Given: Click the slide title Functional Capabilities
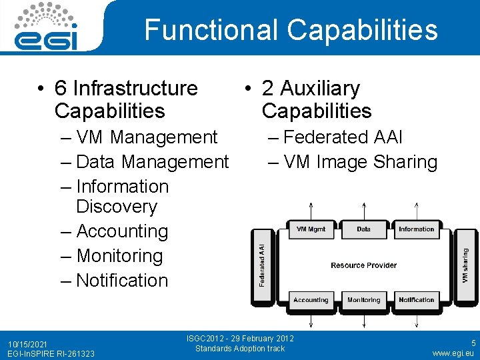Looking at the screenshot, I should coord(291,30).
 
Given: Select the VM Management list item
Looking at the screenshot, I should coord(147,137).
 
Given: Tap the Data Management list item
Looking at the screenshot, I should coord(153,162).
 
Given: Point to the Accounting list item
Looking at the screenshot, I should coord(122,231).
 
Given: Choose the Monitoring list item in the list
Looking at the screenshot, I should coord(119,256).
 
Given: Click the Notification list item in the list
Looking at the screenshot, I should coord(122,281).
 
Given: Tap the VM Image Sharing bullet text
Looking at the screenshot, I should coord(360,162).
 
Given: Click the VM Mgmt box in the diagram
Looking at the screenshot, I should coord(311,229).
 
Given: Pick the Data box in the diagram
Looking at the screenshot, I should coord(363,229).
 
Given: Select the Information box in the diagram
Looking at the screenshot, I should coord(416,229).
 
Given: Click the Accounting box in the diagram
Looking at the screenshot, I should coord(311,300).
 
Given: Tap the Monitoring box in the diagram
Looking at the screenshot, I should coord(363,300).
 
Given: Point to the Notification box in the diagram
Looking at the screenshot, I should coord(416,300).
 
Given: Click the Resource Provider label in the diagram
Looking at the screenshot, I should coord(363,265).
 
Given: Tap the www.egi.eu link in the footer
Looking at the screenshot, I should coord(453,353).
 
